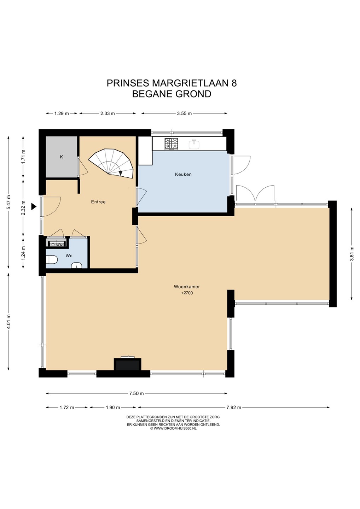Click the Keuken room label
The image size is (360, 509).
pos(183,175)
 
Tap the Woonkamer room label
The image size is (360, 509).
pos(187,287)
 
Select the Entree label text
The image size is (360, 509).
pos(98,202)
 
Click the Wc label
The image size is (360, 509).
pos(69,256)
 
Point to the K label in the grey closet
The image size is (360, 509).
pos(61,157)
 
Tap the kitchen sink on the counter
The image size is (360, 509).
pos(194,144)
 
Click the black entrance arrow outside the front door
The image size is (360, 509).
pos(34,206)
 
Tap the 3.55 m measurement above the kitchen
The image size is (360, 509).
pos(184,113)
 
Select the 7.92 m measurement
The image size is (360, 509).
pos(234,408)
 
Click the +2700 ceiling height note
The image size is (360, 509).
pos(187,293)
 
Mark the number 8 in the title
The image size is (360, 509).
pos(234,83)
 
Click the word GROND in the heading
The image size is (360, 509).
pos(194,94)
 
